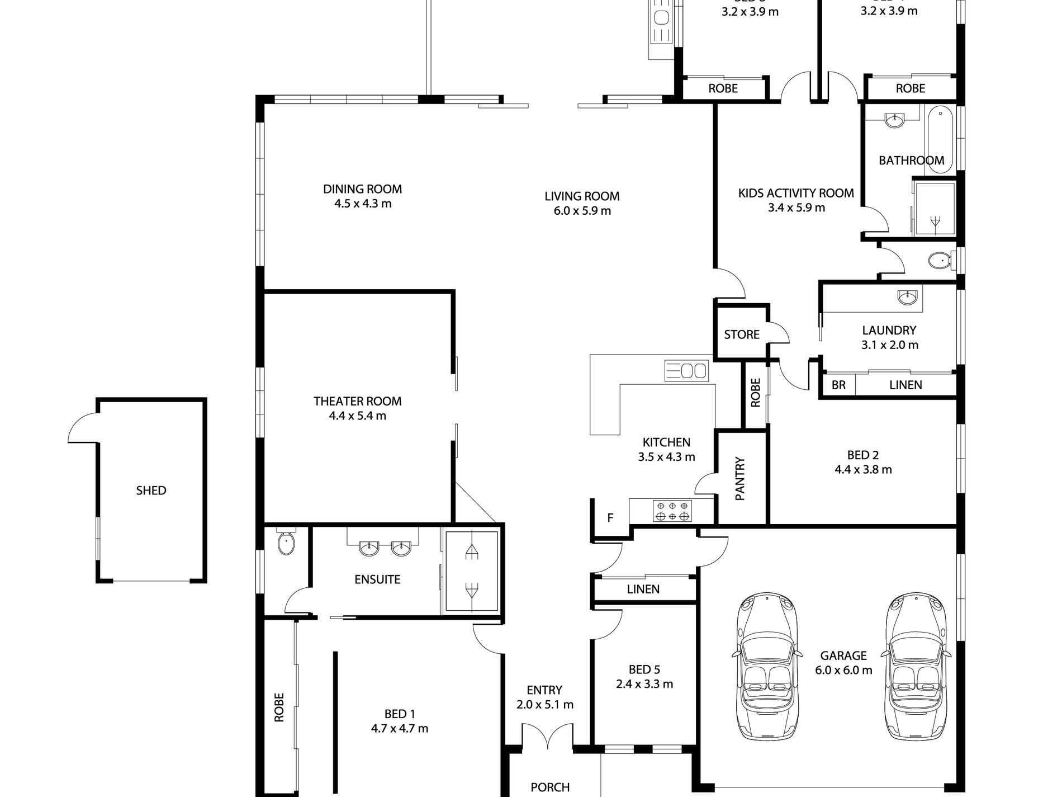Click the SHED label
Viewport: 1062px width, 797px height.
coord(151,491)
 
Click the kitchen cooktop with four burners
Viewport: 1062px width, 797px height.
coord(672,511)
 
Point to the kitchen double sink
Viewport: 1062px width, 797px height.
coord(686,370)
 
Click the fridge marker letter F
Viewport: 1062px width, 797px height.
coord(610,518)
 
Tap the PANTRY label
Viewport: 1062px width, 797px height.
coord(740,479)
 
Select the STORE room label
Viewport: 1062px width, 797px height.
coord(742,334)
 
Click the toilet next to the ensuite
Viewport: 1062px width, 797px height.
coord(286,543)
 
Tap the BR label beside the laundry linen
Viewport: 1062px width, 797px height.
coord(838,385)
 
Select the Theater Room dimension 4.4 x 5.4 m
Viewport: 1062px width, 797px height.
coord(358,416)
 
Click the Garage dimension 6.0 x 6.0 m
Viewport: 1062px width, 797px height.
coord(843,670)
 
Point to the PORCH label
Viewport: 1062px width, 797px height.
coord(550,787)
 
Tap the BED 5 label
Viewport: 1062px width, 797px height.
coord(644,669)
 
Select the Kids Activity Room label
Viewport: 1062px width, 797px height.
coord(796,193)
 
